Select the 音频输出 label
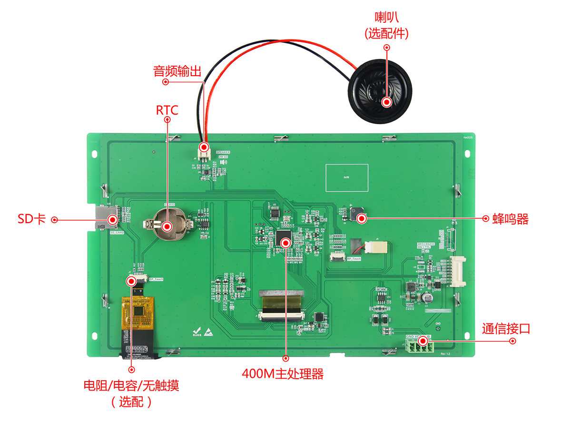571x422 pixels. tap(177, 71)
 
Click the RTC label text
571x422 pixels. tap(167, 110)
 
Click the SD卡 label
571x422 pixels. tap(31, 219)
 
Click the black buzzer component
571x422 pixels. tap(356, 215)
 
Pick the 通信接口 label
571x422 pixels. tap(506, 329)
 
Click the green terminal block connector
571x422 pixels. tap(420, 348)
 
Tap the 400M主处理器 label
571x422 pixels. tap(283, 374)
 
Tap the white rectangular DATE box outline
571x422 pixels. tap(346, 177)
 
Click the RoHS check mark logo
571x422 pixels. tap(196, 332)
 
